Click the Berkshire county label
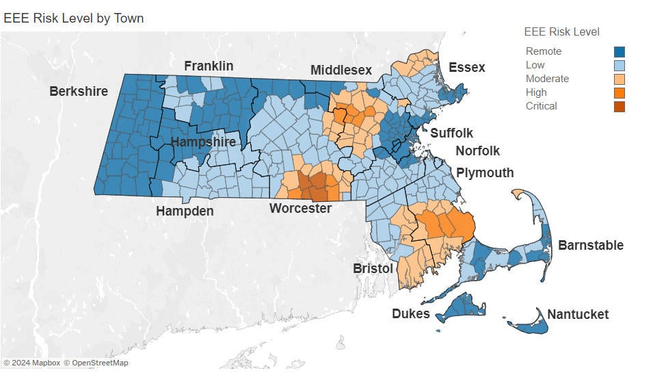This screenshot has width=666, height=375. [78, 91]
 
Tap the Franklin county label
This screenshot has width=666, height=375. [209, 66]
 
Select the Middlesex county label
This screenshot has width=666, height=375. [341, 70]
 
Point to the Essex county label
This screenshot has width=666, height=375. [466, 67]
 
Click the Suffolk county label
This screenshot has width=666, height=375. [451, 133]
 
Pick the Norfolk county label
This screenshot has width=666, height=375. [477, 151]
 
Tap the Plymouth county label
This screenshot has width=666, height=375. [485, 172]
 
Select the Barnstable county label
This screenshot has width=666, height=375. [590, 245]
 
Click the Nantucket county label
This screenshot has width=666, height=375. [577, 314]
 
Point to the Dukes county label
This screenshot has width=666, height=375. [410, 313]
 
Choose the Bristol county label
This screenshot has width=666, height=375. [373, 268]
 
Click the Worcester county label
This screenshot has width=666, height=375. [300, 208]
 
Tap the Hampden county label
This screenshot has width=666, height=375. [185, 211]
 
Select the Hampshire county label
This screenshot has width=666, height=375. [203, 142]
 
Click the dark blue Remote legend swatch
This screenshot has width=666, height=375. [619, 51]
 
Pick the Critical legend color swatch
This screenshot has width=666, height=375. [619, 106]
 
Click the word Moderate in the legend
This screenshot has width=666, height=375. [547, 79]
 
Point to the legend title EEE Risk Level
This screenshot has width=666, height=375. [561, 31]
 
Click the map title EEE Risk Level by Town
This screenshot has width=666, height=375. [73, 18]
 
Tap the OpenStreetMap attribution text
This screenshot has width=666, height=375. [96, 363]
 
